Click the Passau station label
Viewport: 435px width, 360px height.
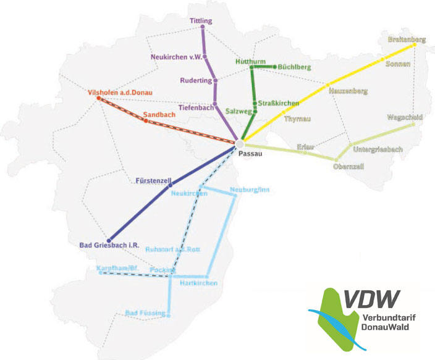251,154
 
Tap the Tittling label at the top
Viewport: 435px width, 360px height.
201,21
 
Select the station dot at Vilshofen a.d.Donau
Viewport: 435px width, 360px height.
99,98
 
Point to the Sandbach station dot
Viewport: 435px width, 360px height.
146,121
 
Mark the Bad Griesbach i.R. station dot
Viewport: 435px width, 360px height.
109,240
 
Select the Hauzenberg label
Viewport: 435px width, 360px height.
349,91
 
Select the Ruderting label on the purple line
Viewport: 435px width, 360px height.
196,81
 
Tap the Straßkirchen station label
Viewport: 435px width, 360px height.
279,103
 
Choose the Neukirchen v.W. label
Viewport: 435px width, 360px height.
177,57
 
